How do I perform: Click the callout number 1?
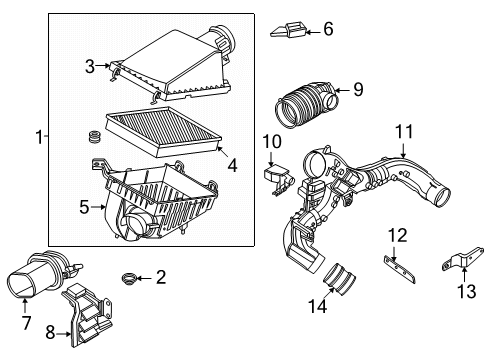(39, 138)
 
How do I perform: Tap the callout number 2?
(161, 277)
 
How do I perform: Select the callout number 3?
(89, 66)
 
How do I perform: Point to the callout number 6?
(327, 30)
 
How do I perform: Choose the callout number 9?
(358, 91)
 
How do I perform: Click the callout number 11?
(403, 131)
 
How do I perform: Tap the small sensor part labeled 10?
(278, 175)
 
